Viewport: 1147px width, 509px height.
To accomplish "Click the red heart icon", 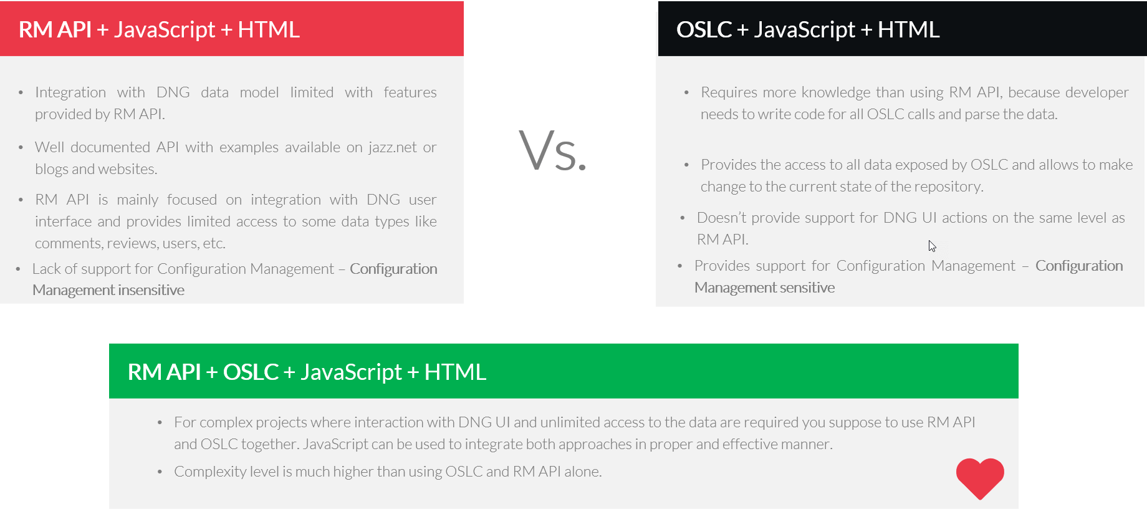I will pyautogui.click(x=980, y=478).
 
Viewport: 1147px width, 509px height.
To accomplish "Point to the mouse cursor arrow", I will pyautogui.click(x=932, y=246).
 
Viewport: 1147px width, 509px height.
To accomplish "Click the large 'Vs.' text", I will pyautogui.click(x=553, y=151).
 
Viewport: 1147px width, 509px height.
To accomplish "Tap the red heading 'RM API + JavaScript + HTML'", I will pyautogui.click(x=159, y=30).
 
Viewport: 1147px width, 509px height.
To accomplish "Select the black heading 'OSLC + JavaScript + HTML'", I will pyautogui.click(x=807, y=30).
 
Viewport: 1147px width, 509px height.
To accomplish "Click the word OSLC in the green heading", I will pyautogui.click(x=251, y=372).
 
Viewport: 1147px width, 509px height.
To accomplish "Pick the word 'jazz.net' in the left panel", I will pyautogui.click(x=392, y=147).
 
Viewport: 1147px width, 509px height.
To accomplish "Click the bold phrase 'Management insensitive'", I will pyautogui.click(x=108, y=290).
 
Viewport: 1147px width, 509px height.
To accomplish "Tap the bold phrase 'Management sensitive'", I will pyautogui.click(x=764, y=288).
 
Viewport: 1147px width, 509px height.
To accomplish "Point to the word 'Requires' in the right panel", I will pyautogui.click(x=729, y=92).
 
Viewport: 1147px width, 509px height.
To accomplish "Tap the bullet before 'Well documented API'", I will pyautogui.click(x=21, y=148).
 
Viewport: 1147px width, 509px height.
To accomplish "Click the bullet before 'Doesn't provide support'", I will pyautogui.click(x=683, y=218).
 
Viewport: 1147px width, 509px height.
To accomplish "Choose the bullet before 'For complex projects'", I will pyautogui.click(x=160, y=423).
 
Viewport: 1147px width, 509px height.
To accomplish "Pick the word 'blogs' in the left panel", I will pyautogui.click(x=52, y=169).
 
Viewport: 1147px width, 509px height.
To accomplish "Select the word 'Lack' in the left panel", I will pyautogui.click(x=46, y=269).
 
